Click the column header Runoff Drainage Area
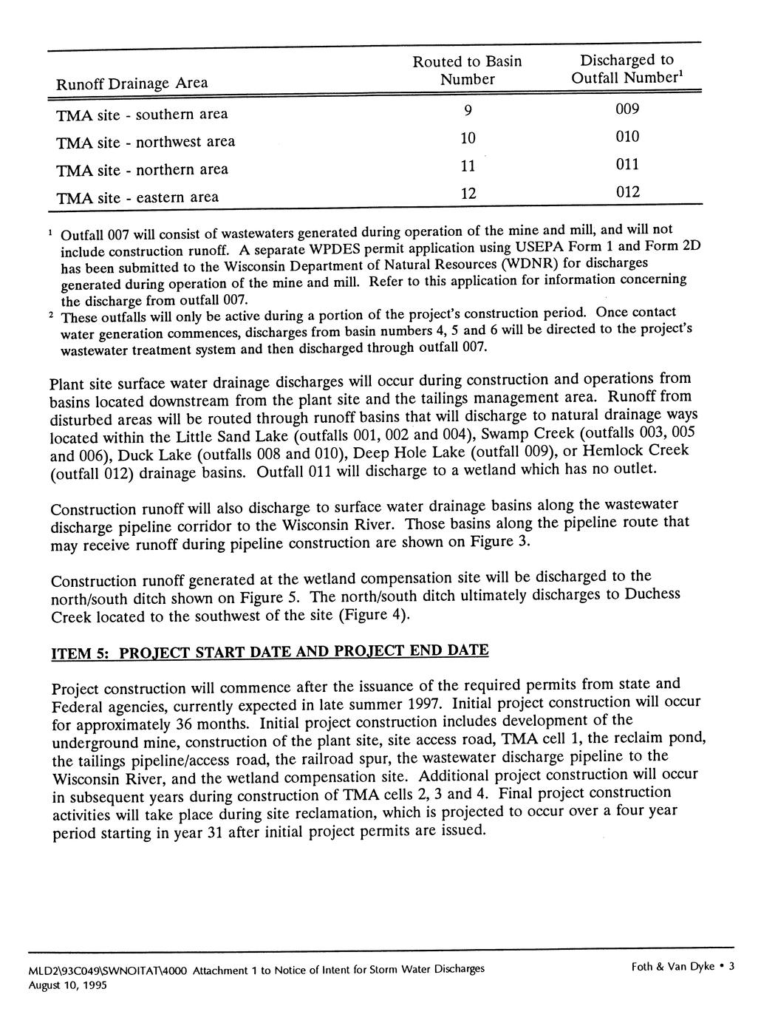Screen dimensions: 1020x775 pos(132,84)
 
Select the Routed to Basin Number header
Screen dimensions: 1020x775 pos(467,70)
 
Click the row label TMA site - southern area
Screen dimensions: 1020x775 pos(142,115)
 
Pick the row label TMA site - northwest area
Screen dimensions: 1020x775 pos(146,142)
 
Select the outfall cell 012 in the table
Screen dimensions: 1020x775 pos(627,193)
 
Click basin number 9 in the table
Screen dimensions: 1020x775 pos(467,112)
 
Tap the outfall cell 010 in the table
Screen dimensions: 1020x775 pos(627,137)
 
